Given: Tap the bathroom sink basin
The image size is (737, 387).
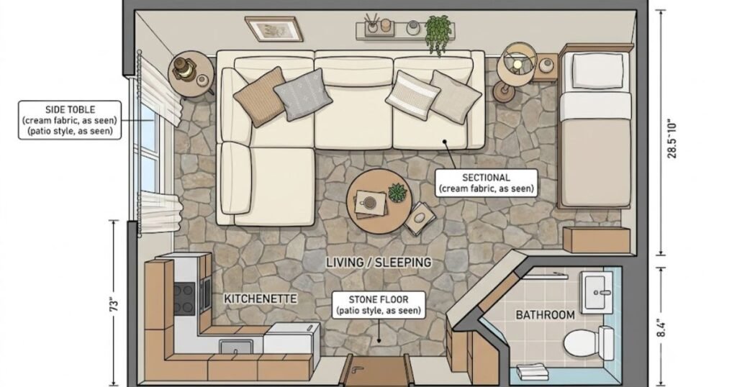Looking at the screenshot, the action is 597,292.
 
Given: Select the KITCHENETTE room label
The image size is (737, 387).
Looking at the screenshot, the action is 261,299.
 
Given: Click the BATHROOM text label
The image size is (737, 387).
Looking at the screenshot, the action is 546,314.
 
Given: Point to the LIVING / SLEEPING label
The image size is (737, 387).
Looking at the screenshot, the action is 379,262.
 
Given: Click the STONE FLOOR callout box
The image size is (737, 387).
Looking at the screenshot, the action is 379,305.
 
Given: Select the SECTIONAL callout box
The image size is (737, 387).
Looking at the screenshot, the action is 486,183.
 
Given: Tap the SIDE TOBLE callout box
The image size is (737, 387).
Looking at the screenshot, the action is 70,120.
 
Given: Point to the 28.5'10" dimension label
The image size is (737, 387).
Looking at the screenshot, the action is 672,139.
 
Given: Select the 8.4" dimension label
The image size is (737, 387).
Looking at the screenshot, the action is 661,328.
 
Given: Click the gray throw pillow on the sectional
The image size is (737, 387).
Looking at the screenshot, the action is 303,94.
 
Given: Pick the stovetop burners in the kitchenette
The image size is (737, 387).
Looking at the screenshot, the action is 184,299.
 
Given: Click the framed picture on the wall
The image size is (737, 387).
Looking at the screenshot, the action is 273,28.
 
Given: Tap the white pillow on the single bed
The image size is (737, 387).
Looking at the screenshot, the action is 597,71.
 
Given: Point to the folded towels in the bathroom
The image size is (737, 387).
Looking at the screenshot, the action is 532,372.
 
